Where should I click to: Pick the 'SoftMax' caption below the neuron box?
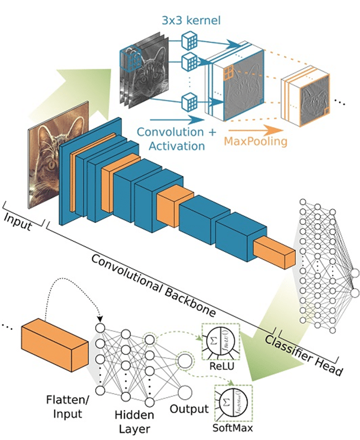pos(233,428)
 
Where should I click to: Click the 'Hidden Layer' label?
pos(134,422)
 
